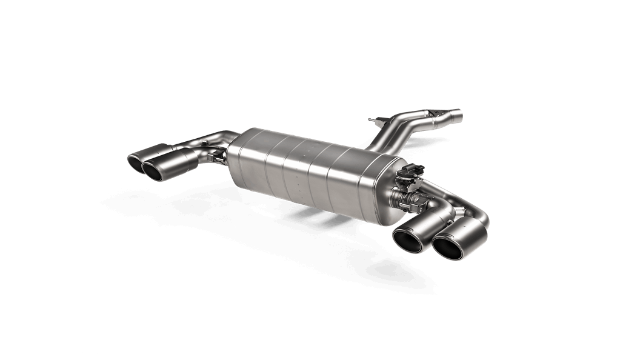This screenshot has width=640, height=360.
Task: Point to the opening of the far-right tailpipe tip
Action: pyautogui.click(x=447, y=250)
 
